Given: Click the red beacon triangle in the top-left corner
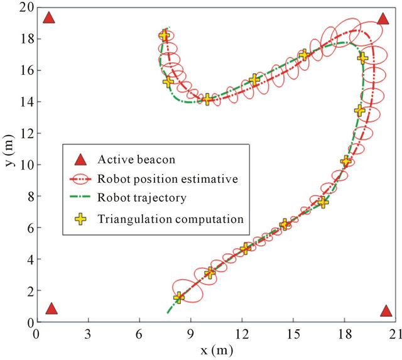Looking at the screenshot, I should [x=49, y=18].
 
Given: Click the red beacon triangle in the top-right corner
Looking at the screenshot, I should [x=383, y=18].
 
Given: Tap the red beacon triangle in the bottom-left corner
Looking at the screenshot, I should [x=52, y=308].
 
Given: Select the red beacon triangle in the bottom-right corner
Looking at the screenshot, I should [x=386, y=311].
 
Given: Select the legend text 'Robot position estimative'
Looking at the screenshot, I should [x=167, y=178].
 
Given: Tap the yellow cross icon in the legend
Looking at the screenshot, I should [x=80, y=219].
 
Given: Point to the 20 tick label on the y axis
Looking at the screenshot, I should [x=24, y=8].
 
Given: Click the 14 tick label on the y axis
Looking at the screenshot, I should [x=25, y=102].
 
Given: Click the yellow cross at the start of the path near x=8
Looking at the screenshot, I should [x=179, y=297].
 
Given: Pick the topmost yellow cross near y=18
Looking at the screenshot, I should [x=165, y=36].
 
